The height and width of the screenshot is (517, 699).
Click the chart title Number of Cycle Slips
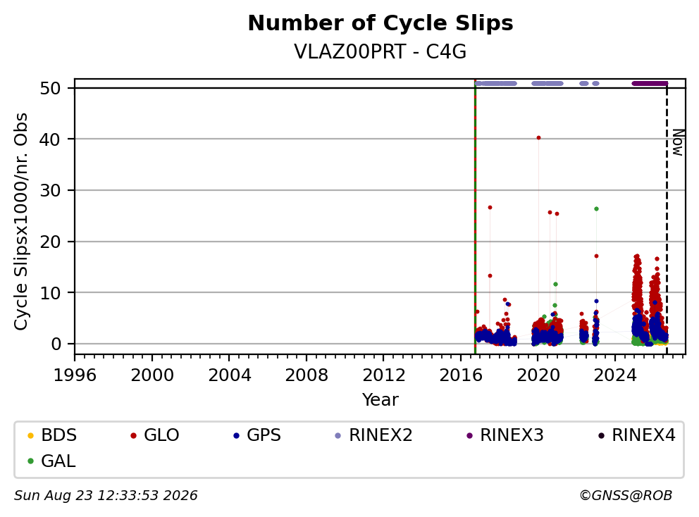pyautogui.click(x=381, y=23)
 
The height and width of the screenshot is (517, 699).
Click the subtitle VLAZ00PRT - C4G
pyautogui.click(x=381, y=51)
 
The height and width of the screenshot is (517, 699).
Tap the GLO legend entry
pyautogui.click(x=155, y=435)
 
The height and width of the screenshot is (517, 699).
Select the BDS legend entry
pyautogui.click(x=52, y=435)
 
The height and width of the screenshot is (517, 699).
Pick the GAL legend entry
pyautogui.click(x=51, y=461)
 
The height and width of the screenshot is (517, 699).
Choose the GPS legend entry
pyautogui.click(x=257, y=435)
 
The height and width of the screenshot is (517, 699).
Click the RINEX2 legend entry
pyautogui.click(x=373, y=435)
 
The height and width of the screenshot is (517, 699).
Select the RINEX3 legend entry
pyautogui.click(x=505, y=435)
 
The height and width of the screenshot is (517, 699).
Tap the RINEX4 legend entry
pyautogui.click(x=636, y=435)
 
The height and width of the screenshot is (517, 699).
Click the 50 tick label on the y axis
pyautogui.click(x=50, y=88)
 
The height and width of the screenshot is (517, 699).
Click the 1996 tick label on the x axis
pyautogui.click(x=75, y=375)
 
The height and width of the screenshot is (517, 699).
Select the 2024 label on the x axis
pyautogui.click(x=614, y=375)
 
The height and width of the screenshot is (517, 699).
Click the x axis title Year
pyautogui.click(x=381, y=400)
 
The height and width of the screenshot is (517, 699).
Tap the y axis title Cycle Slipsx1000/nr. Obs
pyautogui.click(x=21, y=221)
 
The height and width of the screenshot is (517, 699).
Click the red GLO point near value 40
pyautogui.click(x=538, y=138)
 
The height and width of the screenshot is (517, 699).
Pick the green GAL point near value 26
pyautogui.click(x=596, y=208)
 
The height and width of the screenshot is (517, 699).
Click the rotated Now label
pyautogui.click(x=678, y=142)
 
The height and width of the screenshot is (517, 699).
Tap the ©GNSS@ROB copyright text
pyautogui.click(x=626, y=496)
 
